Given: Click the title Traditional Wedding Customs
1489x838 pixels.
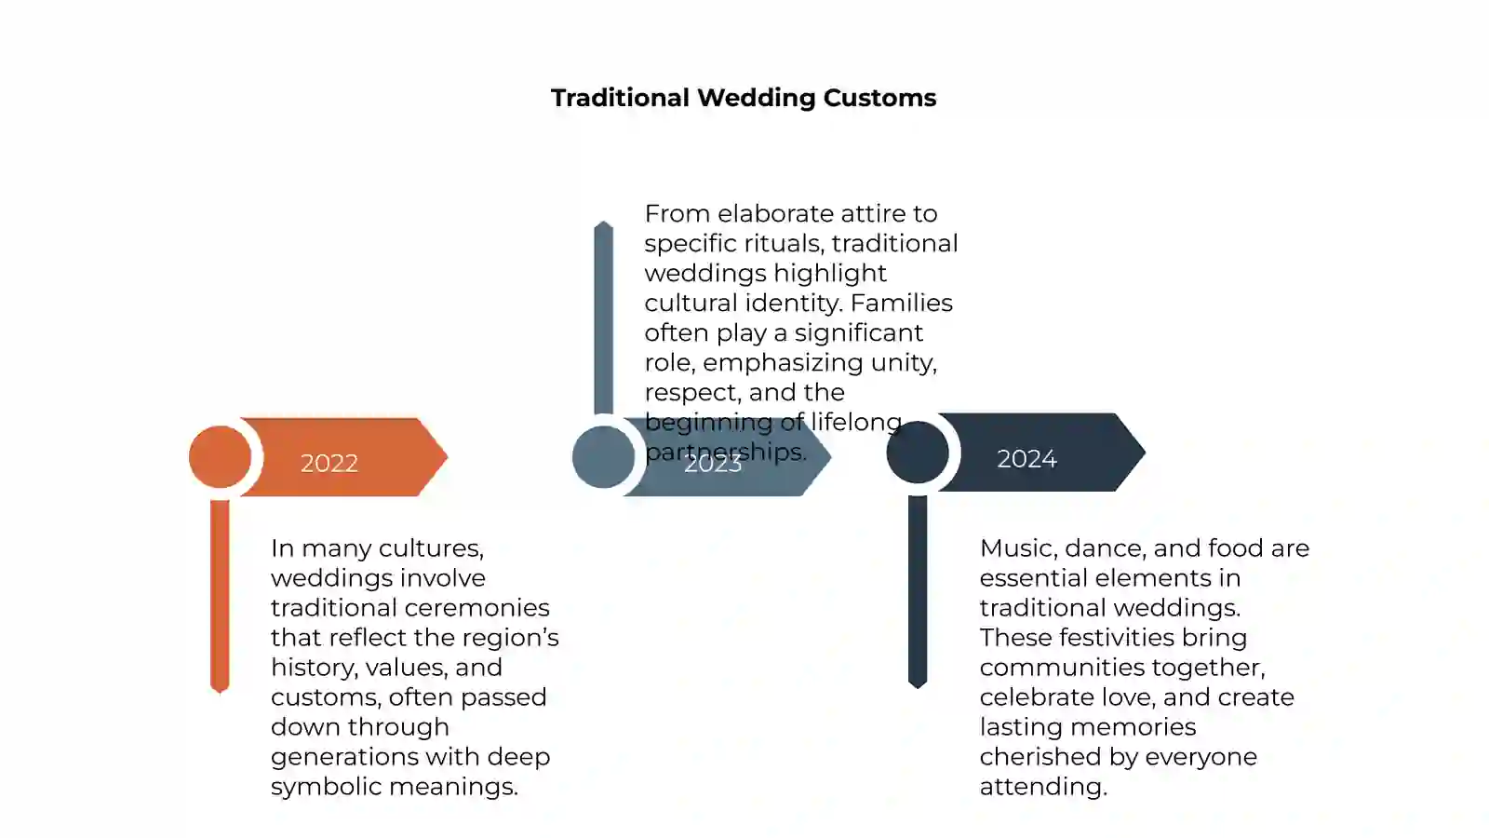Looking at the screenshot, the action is point(744,98).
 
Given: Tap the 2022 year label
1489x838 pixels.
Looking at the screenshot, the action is point(329,463).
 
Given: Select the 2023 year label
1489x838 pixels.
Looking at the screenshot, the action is point(713,463).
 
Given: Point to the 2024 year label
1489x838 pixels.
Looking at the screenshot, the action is point(1026,458).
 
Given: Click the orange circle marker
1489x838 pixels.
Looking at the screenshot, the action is point(220,457).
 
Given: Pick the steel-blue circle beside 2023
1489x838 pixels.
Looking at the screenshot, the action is point(604,457).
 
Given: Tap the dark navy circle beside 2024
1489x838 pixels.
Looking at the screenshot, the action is point(918,453).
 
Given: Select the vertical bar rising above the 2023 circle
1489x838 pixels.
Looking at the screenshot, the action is point(604,318).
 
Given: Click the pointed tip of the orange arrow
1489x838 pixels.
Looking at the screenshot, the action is point(448,457).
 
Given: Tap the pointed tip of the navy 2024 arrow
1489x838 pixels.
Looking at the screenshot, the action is point(1145,453).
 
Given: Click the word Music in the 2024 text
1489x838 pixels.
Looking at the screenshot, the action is point(1018,548).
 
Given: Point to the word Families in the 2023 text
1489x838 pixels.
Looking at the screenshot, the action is point(902,303).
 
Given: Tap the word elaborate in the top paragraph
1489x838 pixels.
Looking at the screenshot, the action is point(775,213).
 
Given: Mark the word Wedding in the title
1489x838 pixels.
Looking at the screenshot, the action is point(756,99).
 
